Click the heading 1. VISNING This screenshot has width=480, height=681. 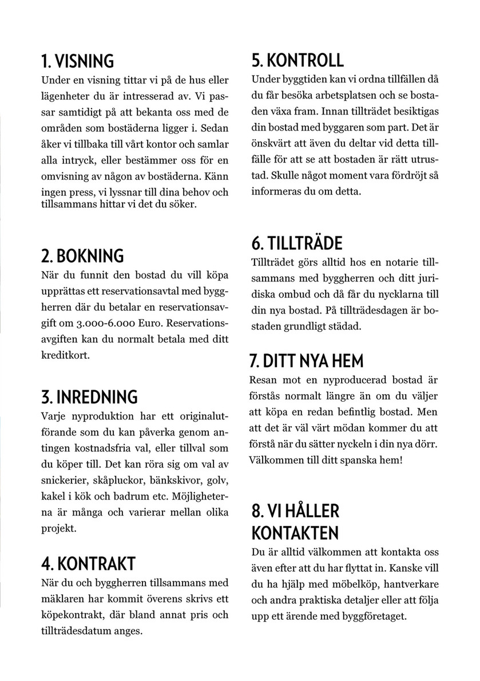tap(78, 61)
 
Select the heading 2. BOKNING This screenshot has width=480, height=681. tap(82, 255)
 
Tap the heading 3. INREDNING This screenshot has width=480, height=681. tap(89, 397)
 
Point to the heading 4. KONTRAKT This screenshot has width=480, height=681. tap(88, 563)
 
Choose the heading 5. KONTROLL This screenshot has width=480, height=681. tap(297, 60)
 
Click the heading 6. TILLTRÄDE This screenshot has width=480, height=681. tap(296, 243)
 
